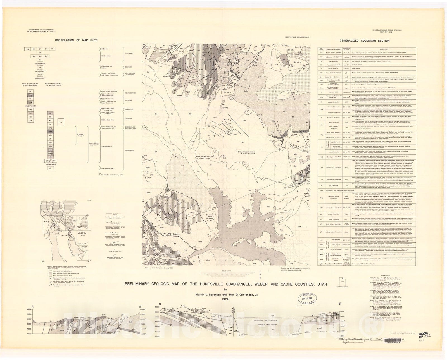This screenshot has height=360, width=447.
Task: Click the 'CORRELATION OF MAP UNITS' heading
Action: pyautogui.click(x=76, y=40)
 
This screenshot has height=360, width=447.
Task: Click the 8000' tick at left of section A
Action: pyautogui.click(x=29, y=309)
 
